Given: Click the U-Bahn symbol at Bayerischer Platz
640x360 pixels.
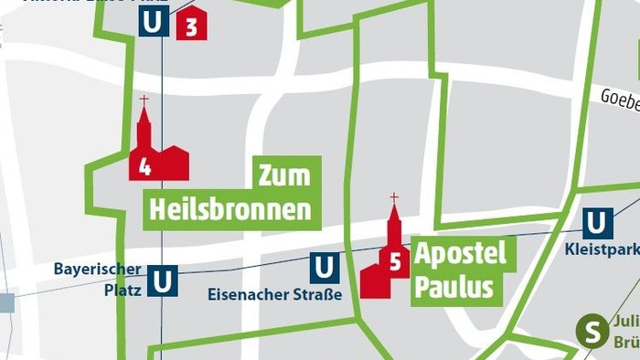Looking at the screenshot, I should click(x=163, y=280).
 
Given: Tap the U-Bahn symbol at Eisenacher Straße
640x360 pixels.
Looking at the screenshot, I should click(x=324, y=268).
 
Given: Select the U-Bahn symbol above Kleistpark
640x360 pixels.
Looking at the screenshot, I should click(x=598, y=223).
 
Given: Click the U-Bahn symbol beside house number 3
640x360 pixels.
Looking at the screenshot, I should click(x=154, y=22).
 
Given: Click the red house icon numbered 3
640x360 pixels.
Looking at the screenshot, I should click(x=191, y=25).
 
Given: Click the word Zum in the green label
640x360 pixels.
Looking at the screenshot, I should click(x=284, y=174).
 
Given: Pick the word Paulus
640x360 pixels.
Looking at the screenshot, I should click(x=453, y=288).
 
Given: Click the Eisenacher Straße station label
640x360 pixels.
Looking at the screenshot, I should click(x=274, y=294).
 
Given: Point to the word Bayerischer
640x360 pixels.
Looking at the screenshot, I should click(x=97, y=269).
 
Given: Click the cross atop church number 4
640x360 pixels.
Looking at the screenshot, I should click(x=144, y=100).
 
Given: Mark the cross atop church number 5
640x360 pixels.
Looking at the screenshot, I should click(x=394, y=197).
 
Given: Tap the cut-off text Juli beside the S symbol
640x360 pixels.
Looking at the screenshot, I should click(x=625, y=322).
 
